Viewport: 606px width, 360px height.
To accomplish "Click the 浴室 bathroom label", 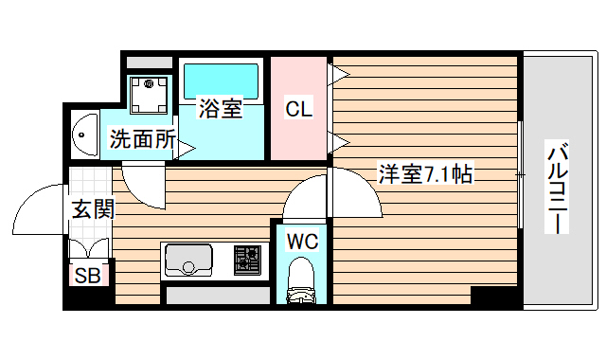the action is pyautogui.click(x=220, y=109).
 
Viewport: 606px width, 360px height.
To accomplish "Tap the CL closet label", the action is pyautogui.click(x=298, y=109).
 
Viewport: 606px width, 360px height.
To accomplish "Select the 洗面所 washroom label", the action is pyautogui.click(x=142, y=139).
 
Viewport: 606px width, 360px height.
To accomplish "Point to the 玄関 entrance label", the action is pyautogui.click(x=92, y=208).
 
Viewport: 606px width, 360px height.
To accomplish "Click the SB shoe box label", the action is pyautogui.click(x=88, y=275).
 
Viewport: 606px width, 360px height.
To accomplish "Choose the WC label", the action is pyautogui.click(x=302, y=241).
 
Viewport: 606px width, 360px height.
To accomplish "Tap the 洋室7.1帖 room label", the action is pyautogui.click(x=425, y=174).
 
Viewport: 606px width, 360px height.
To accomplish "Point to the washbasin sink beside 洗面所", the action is pyautogui.click(x=83, y=135).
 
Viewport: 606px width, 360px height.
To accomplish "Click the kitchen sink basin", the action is pyautogui.click(x=189, y=260).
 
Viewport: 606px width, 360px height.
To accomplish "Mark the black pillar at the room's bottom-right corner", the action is pyautogui.click(x=495, y=297).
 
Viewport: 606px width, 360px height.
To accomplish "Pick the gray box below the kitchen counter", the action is pyautogui.click(x=218, y=296).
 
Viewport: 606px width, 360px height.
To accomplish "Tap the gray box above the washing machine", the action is pyautogui.click(x=149, y=63).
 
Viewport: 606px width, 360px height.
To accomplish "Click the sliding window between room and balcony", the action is pyautogui.click(x=522, y=175).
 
